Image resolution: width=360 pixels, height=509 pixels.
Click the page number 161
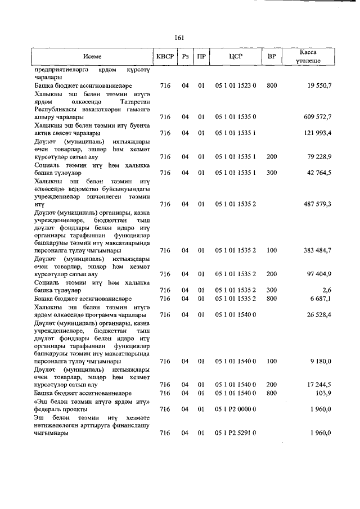click(x=179, y=38)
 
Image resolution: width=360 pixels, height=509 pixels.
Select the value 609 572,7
click(x=318, y=117)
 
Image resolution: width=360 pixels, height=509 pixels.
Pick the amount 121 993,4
click(x=318, y=133)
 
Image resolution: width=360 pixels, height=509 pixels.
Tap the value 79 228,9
click(x=319, y=156)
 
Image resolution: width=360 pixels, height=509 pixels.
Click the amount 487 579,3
click(x=318, y=204)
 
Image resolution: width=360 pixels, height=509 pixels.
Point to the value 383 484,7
click(x=318, y=250)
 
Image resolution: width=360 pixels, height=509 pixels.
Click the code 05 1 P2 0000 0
click(x=236, y=409)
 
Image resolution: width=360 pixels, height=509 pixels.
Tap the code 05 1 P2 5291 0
click(x=236, y=433)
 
